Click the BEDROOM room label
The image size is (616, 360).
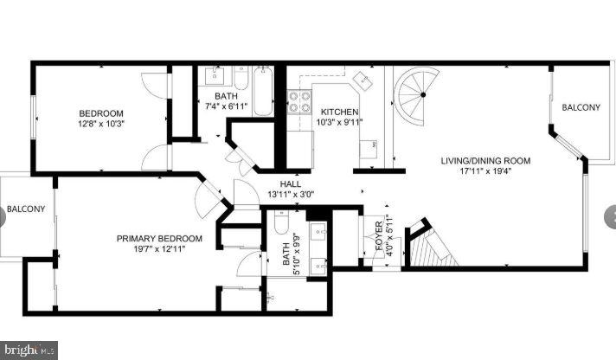pos(101,113)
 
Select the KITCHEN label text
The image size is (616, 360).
pos(340,112)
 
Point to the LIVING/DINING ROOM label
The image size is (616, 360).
pos(484,160)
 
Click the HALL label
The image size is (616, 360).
pos(290,183)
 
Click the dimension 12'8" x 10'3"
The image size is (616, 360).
pos(102,124)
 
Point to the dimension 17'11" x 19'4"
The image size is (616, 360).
pos(484,170)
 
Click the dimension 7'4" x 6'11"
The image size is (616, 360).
pos(227,106)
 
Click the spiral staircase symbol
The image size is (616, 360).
pos(419,92)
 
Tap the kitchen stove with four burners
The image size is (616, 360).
pos(300,102)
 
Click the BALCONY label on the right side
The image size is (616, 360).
pos(581,107)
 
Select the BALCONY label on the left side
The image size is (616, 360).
pos(26,209)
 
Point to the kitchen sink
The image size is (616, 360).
pos(363,82)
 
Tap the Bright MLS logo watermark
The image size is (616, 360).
pos(29,350)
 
